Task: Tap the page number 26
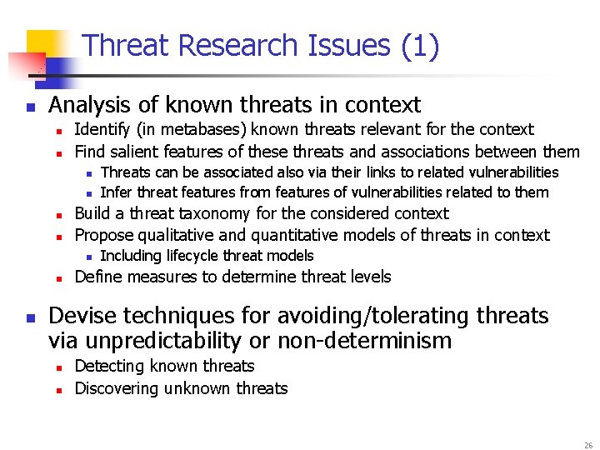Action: coord(588,446)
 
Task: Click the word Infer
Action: coord(116,192)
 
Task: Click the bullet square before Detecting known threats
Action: coord(60,367)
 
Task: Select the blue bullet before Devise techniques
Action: coord(30,317)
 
